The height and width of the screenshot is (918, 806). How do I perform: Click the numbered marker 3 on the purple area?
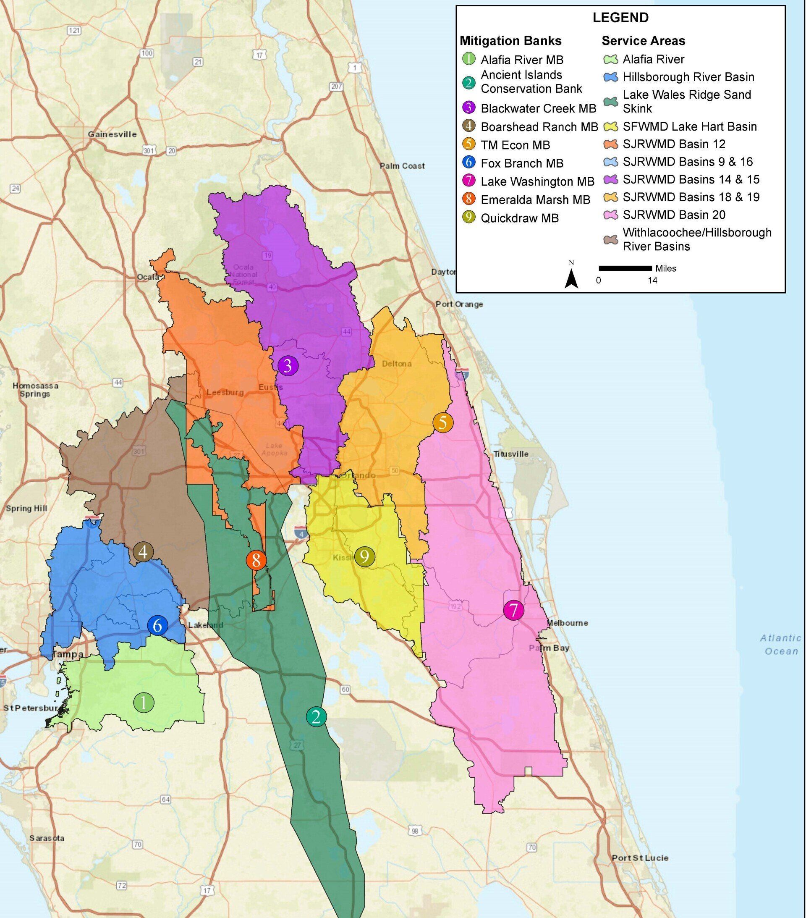(288, 366)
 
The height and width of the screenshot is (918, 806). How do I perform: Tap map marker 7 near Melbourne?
(514, 610)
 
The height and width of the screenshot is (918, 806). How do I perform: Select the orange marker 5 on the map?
(443, 422)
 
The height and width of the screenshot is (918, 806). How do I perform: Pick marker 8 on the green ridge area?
(256, 560)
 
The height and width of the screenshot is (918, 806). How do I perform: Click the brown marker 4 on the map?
(143, 551)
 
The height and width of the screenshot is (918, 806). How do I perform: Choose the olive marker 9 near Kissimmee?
(365, 557)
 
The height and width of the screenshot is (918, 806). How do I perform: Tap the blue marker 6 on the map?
(157, 625)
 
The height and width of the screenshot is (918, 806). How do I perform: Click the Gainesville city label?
(112, 134)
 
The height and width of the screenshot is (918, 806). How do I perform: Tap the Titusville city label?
(511, 454)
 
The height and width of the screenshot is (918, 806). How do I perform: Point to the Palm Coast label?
(402, 166)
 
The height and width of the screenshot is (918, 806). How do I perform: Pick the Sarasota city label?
(47, 838)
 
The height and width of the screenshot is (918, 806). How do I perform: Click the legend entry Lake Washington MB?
(537, 182)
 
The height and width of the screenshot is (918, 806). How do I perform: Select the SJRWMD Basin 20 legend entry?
(673, 215)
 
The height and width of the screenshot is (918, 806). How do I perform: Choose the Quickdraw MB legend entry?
(520, 218)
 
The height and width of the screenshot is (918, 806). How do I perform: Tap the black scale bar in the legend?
(625, 269)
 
